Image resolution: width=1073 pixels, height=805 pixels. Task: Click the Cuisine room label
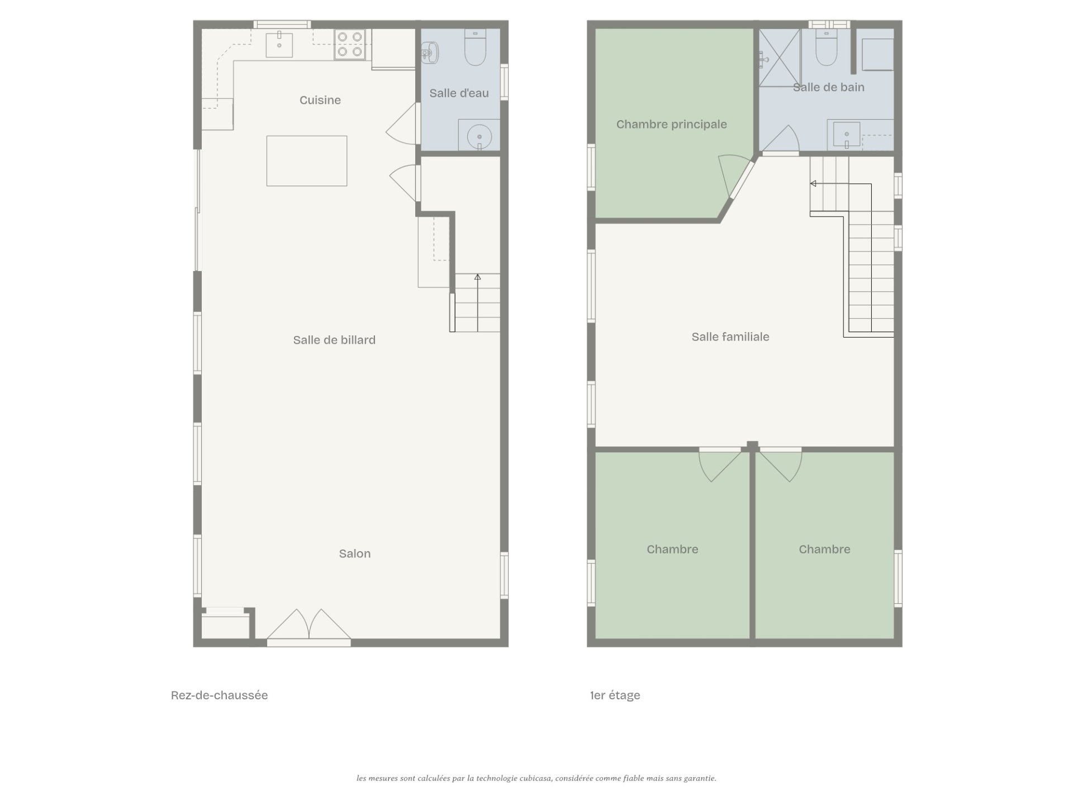click(320, 100)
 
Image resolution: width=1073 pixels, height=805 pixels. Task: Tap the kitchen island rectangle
click(306, 160)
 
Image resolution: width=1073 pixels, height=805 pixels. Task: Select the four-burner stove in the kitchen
click(350, 44)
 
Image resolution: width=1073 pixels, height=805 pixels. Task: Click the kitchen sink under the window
click(279, 44)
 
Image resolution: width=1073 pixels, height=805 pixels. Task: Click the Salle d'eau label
click(459, 93)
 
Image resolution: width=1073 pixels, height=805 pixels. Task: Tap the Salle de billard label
click(334, 340)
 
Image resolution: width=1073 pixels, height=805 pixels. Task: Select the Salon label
click(355, 553)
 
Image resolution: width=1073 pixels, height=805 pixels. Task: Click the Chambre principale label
click(672, 124)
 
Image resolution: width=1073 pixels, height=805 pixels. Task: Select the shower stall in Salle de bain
click(779, 58)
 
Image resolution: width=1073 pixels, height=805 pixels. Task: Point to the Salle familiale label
click(730, 337)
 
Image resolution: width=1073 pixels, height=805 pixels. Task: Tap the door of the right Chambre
click(780, 463)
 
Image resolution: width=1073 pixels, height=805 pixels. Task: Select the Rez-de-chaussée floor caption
click(219, 695)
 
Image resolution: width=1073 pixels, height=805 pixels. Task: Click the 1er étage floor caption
click(615, 695)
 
